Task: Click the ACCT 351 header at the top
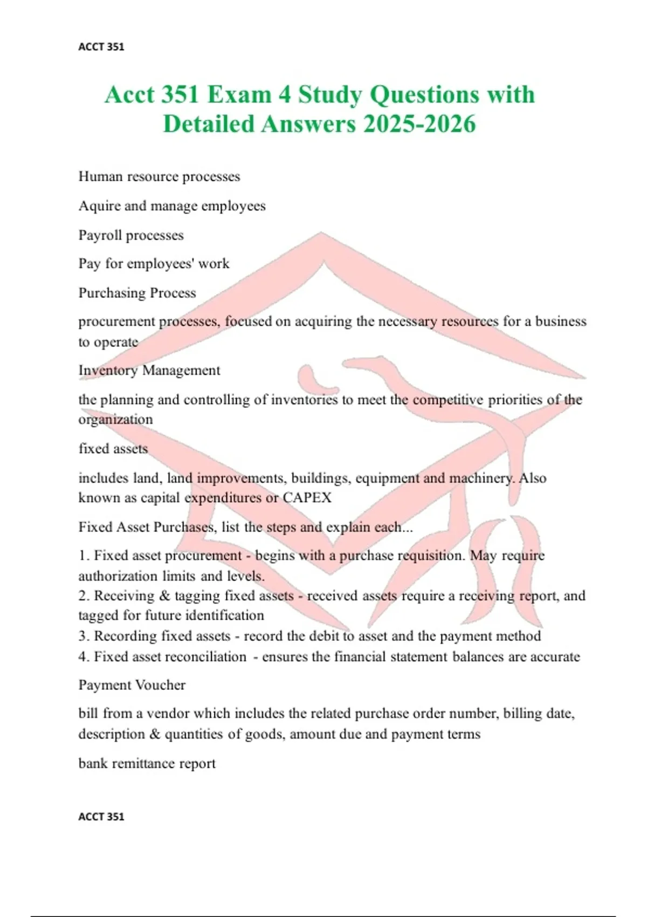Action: (x=101, y=47)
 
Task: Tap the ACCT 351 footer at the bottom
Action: (x=101, y=817)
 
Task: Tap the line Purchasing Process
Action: (x=137, y=293)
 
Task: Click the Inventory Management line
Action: (x=149, y=371)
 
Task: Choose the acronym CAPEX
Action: (x=307, y=497)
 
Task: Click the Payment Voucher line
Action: (x=132, y=685)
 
